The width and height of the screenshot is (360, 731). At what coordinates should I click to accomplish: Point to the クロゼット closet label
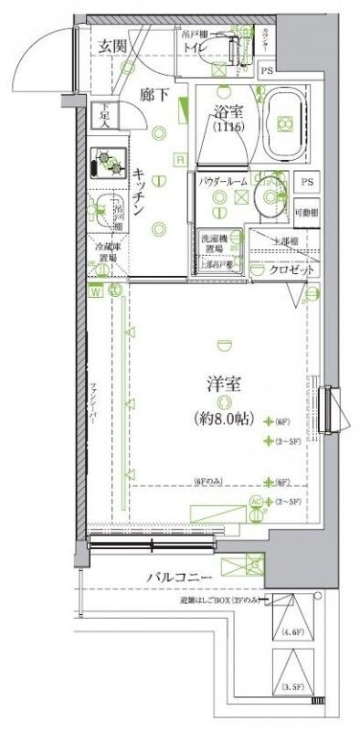(293, 271)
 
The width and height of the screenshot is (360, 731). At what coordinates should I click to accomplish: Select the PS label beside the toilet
(267, 71)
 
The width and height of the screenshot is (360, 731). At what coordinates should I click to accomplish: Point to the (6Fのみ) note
(209, 482)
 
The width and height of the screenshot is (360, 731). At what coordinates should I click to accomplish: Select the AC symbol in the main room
(255, 502)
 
